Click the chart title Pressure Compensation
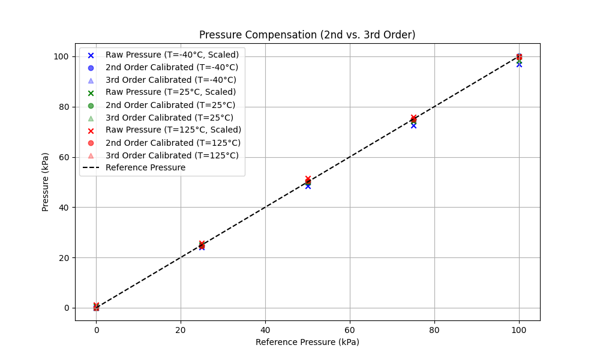(307, 35)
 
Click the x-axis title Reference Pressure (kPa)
(307, 342)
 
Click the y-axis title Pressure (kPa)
(46, 182)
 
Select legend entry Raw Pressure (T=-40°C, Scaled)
(172, 55)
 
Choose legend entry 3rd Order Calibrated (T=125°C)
(172, 155)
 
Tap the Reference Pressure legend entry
(145, 167)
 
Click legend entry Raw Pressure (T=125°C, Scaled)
(173, 130)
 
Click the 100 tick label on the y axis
(61, 56)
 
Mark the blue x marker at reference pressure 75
(413, 125)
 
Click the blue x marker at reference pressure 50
(308, 186)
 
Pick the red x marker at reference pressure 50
(308, 179)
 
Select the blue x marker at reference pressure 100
(519, 64)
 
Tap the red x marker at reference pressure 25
(202, 244)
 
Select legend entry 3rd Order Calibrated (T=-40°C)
(170, 80)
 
